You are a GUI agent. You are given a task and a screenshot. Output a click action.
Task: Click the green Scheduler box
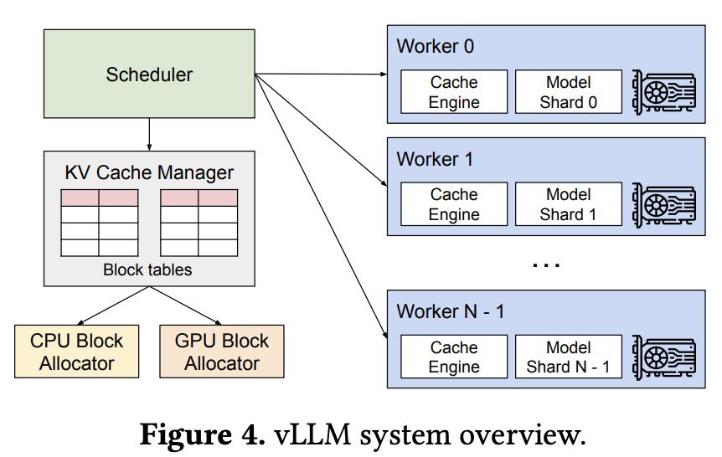pos(149,74)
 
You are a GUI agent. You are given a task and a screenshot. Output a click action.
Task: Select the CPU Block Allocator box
pos(76,352)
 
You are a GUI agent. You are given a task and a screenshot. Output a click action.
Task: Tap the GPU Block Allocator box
pos(222,352)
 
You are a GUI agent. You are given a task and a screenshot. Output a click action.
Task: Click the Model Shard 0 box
pos(568,92)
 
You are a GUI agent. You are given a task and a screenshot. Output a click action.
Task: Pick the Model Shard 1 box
pos(568,204)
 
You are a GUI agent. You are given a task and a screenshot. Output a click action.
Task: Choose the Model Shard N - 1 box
pos(568,357)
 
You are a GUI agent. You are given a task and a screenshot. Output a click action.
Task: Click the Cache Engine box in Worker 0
pos(454,92)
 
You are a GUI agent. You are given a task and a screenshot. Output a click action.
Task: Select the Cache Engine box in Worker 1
pos(454,204)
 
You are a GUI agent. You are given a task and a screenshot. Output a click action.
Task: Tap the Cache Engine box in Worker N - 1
pos(454,357)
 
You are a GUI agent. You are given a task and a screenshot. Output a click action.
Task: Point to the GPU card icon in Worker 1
pos(664,204)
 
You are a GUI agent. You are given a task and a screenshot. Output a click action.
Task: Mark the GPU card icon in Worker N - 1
pos(664,357)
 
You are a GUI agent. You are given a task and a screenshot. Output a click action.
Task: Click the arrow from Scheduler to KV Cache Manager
pos(149,134)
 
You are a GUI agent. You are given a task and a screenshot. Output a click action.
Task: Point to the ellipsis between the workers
pos(546,264)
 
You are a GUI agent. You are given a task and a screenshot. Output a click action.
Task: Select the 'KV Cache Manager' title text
pos(149,172)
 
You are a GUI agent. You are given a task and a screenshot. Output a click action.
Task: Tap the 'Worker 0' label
pos(435,46)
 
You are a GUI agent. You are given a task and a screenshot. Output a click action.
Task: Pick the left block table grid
pos(100,223)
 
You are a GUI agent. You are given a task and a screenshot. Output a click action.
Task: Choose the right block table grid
pos(199,223)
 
